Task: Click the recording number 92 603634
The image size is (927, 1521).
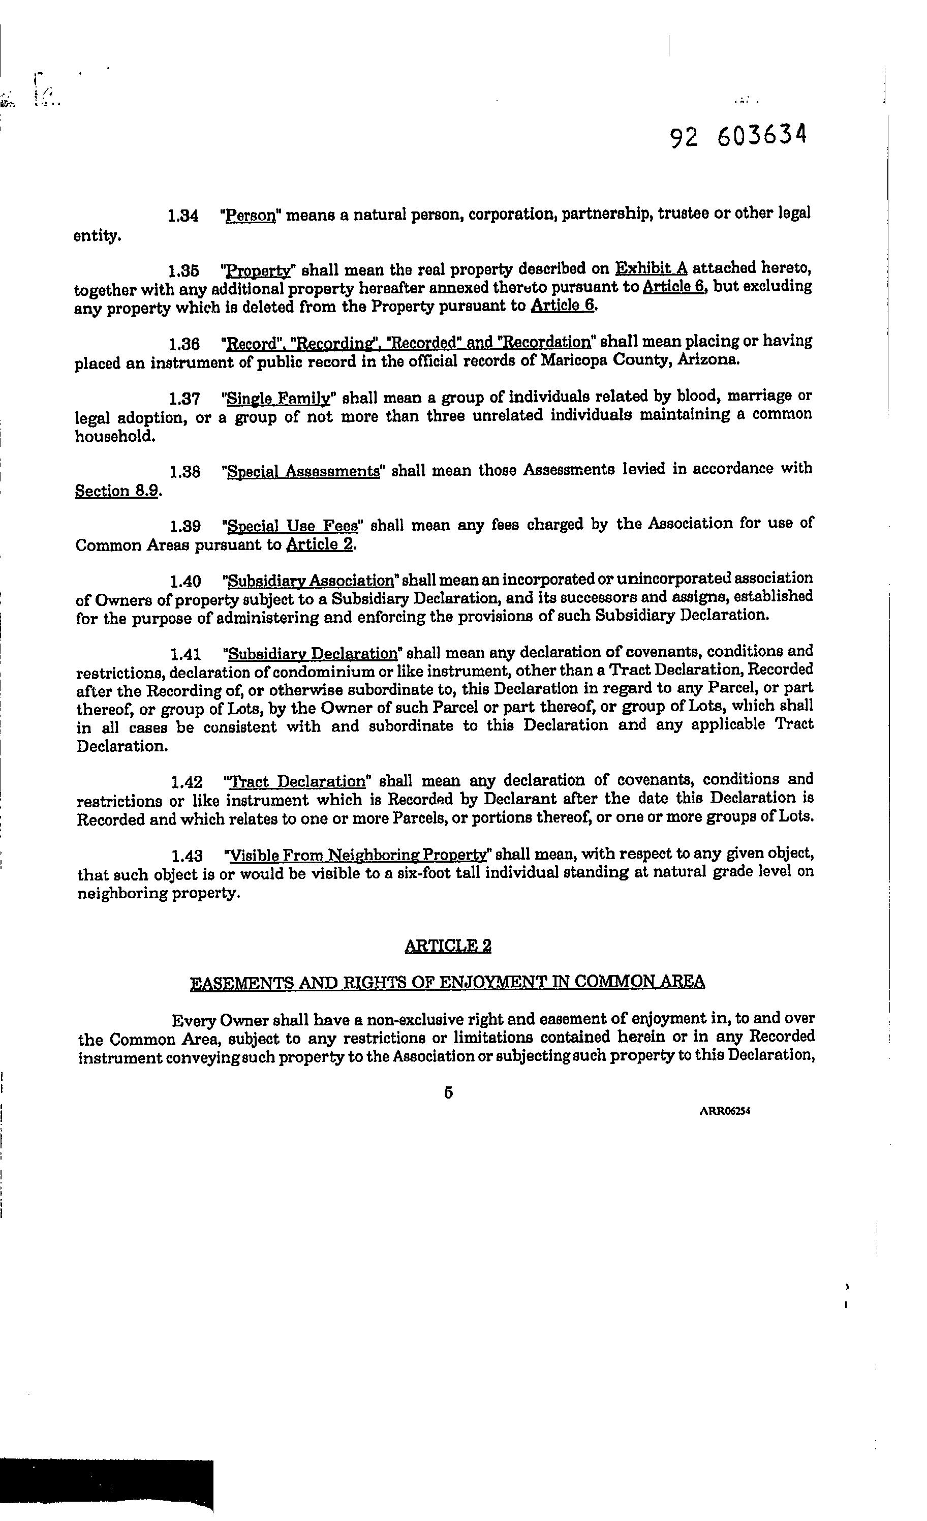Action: [x=738, y=136]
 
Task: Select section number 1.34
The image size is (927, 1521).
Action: [x=183, y=217]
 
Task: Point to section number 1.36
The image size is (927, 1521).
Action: [x=184, y=343]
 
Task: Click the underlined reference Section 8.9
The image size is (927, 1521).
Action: [x=118, y=492]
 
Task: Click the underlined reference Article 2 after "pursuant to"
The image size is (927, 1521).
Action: [x=320, y=545]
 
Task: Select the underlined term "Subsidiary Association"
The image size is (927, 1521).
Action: [x=311, y=581]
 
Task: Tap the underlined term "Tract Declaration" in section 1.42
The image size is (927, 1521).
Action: [x=297, y=782]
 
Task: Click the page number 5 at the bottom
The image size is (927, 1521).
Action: [x=448, y=1092]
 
